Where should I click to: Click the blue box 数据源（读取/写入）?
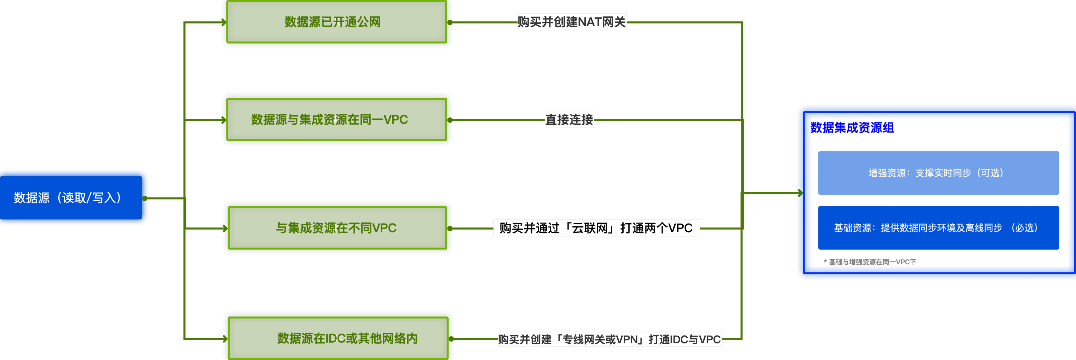pyautogui.click(x=74, y=197)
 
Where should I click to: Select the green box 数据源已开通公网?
pyautogui.click(x=337, y=22)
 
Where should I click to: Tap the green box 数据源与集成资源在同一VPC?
pyautogui.click(x=337, y=120)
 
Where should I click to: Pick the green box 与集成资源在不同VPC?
pyautogui.click(x=337, y=228)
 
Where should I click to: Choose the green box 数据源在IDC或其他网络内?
pyautogui.click(x=338, y=338)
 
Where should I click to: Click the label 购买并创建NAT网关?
pyautogui.click(x=571, y=22)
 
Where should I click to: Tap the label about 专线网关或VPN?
pyautogui.click(x=609, y=339)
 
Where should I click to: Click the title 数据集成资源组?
pyautogui.click(x=852, y=128)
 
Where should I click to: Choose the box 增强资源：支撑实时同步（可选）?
pyautogui.click(x=938, y=173)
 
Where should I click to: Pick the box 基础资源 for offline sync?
pyautogui.click(x=938, y=228)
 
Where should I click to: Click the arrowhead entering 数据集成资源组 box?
pyautogui.click(x=799, y=193)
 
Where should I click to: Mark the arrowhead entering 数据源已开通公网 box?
pyautogui.click(x=224, y=22)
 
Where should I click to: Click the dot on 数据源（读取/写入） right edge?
pyautogui.click(x=145, y=198)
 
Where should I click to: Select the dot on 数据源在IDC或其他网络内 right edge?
pyautogui.click(x=451, y=339)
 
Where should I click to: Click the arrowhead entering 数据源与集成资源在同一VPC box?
pyautogui.click(x=224, y=120)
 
